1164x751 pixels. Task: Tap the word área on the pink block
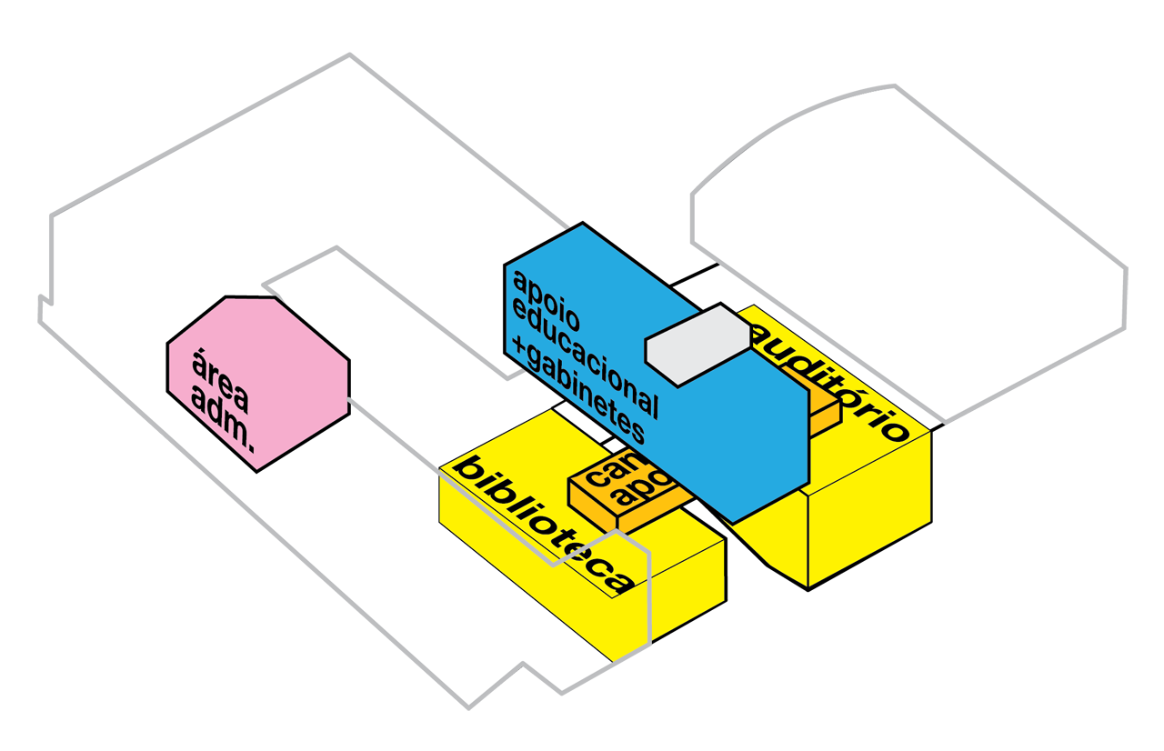point(219,368)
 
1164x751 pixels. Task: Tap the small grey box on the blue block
point(697,343)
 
